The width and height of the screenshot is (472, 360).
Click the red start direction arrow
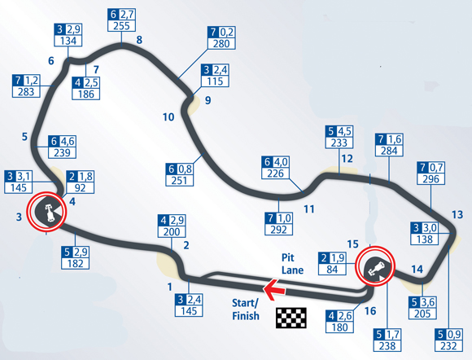coord(274,289)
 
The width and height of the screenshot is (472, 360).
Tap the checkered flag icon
coord(291,318)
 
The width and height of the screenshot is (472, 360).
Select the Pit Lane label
coord(292,264)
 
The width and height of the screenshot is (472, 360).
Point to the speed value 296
coord(430,179)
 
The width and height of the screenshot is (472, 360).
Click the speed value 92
coord(80,187)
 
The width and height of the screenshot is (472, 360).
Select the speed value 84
coord(332,269)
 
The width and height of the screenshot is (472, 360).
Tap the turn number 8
coord(139,40)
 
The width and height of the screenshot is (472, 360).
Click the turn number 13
coord(457,214)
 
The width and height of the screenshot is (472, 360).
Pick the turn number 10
coord(168,117)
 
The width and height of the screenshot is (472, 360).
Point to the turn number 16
coord(370,310)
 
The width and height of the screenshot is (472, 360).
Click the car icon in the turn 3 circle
coord(49,212)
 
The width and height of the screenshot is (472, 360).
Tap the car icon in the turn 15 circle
coord(376,268)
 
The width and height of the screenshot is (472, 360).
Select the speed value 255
coord(121,25)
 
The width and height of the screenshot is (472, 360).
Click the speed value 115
coord(215,81)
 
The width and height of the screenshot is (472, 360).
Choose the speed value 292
coord(278,230)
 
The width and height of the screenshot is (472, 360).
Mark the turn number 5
coord(24,137)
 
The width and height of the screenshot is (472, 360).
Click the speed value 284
coord(389,151)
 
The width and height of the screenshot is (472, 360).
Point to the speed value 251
coord(179,181)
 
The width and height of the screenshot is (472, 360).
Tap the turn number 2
coord(186,245)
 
